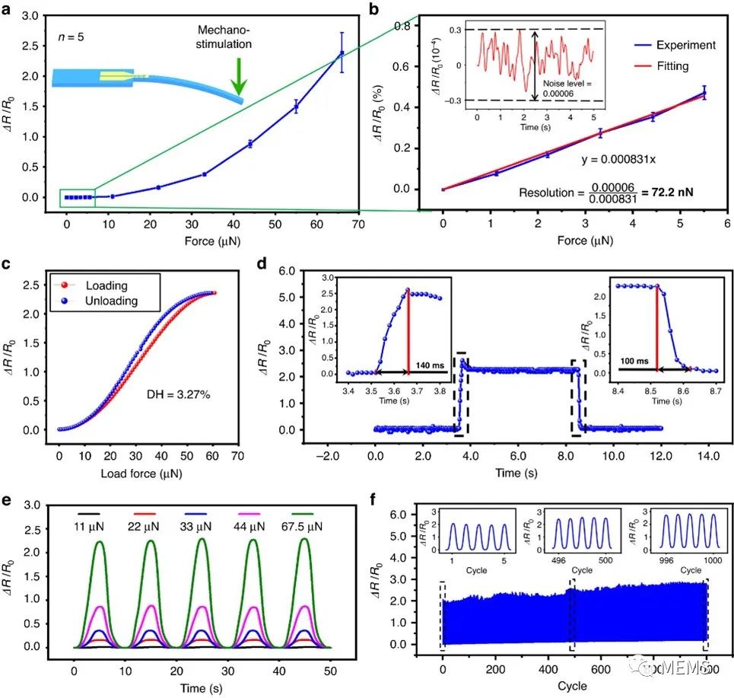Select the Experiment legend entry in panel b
[684, 45]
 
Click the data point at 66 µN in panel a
[342, 53]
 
